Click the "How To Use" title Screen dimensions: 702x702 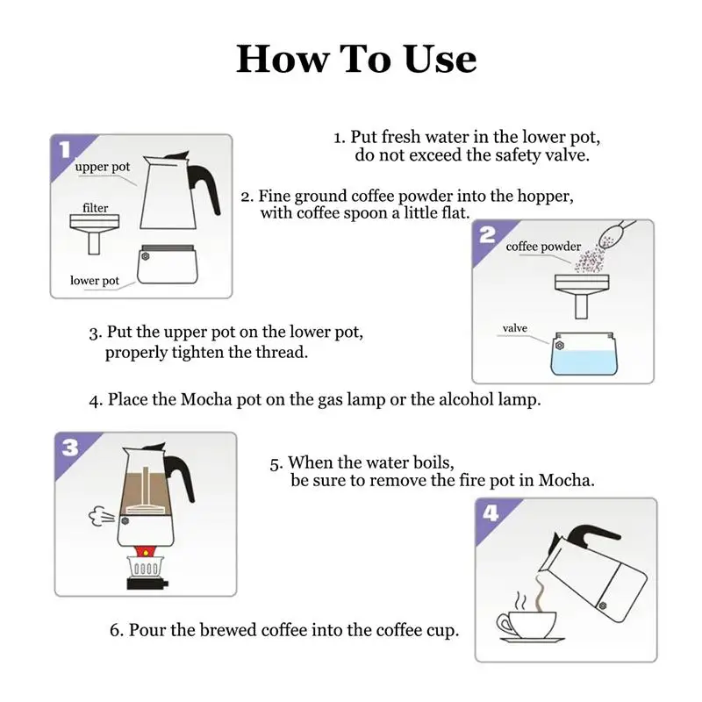pyautogui.click(x=356, y=59)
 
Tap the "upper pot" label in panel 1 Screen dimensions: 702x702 pyautogui.click(x=102, y=167)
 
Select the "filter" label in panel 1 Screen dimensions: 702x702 pyautogui.click(x=96, y=208)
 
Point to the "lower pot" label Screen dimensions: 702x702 pyautogui.click(x=95, y=281)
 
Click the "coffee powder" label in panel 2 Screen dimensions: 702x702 pyautogui.click(x=543, y=247)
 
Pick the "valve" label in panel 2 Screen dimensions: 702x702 pyautogui.click(x=515, y=328)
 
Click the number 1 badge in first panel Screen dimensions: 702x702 pyautogui.click(x=65, y=149)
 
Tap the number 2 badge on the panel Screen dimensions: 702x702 pyautogui.click(x=488, y=234)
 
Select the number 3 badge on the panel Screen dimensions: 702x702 pyautogui.click(x=70, y=448)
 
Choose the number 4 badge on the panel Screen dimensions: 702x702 pyautogui.click(x=491, y=513)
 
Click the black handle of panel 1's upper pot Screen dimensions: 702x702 pyautogui.click(x=204, y=183)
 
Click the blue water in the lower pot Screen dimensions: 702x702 pyautogui.click(x=584, y=362)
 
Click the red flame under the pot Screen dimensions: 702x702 pyautogui.click(x=145, y=551)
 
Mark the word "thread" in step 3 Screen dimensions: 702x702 pyautogui.click(x=282, y=353)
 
